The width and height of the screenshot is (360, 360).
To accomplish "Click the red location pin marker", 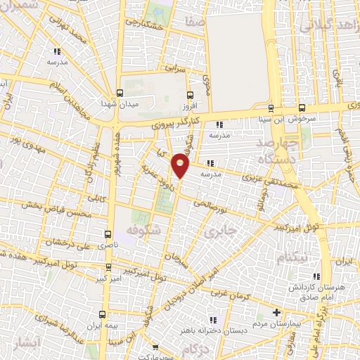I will (x=181, y=165).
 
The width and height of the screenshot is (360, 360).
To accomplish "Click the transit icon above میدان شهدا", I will (x=120, y=92).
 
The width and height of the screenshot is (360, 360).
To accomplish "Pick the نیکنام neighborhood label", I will (x=292, y=259).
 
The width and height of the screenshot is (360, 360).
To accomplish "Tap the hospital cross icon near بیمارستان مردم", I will (x=276, y=312).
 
